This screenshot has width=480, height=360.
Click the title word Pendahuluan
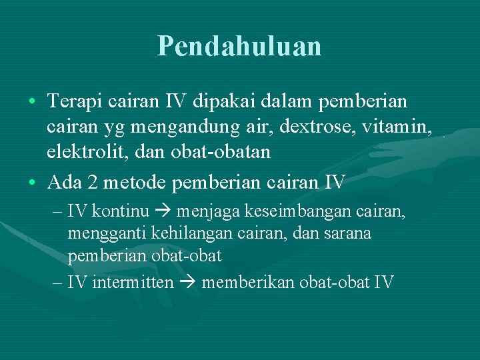click(239, 45)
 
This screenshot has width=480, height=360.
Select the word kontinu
click(120, 211)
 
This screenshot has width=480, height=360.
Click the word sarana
click(348, 233)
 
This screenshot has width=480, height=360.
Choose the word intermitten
click(133, 282)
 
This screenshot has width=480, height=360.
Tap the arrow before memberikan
click(187, 283)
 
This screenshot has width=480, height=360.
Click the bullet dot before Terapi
click(33, 103)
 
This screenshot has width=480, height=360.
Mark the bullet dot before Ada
click(33, 182)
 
